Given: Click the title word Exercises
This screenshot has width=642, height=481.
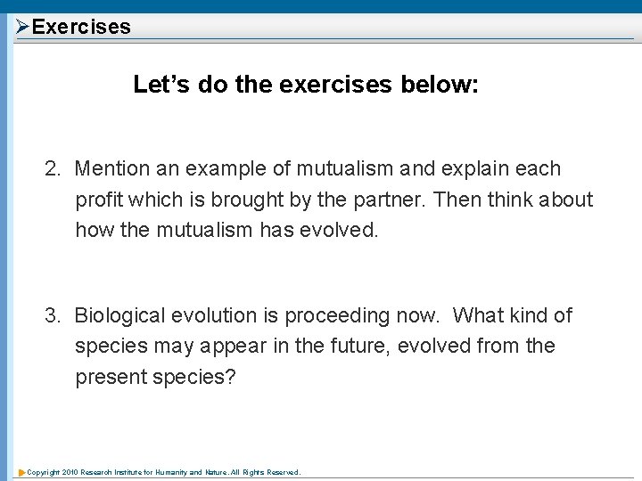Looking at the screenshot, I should pos(81,27).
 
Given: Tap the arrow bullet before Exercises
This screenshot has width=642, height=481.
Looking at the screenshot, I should pos(23,27).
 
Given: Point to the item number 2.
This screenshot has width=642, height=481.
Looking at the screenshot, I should pos(53,169).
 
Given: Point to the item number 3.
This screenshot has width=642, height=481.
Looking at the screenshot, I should pos(53,316).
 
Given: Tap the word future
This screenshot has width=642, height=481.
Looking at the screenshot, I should pos(358,346).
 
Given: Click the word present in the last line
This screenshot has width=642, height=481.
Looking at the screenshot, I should pos(111,377).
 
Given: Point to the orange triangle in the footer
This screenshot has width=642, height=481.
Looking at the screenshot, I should pos(21,472).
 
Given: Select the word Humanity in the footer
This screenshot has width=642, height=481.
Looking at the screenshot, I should pos(176,472).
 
